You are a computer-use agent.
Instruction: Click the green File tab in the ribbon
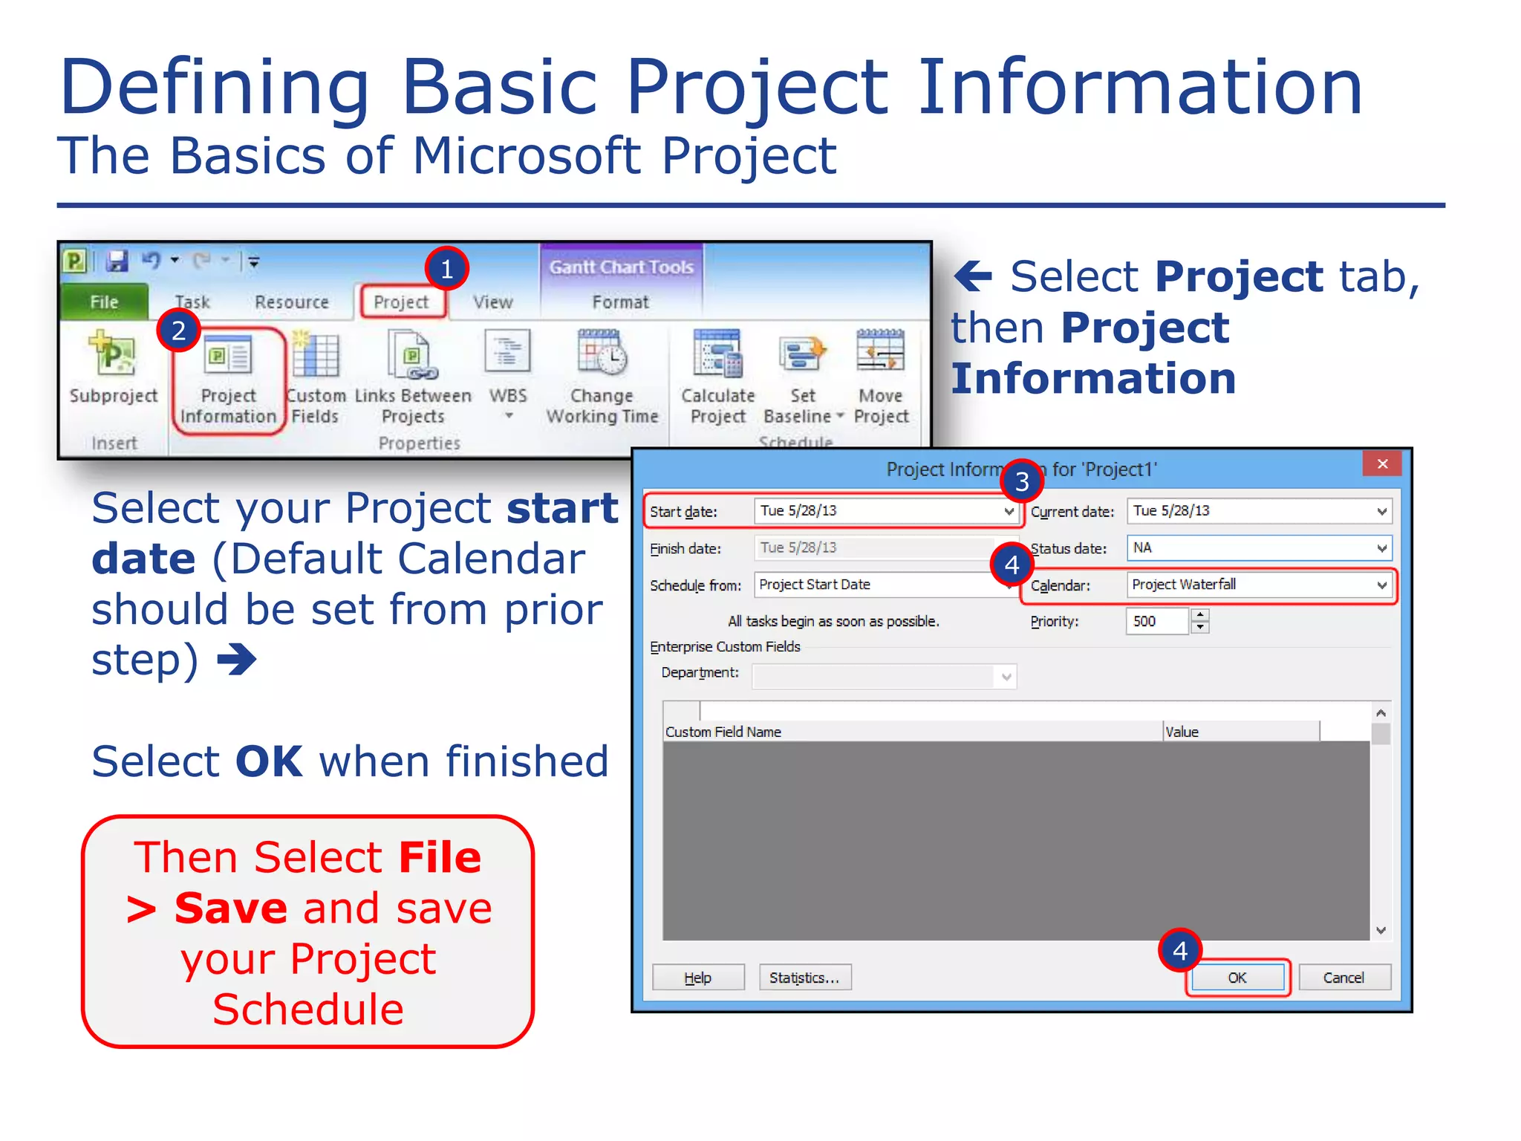[x=104, y=302]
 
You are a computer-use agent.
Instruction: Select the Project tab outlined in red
[x=402, y=302]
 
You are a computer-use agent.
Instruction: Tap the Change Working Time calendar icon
[x=602, y=353]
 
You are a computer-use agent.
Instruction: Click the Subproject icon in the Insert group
[x=113, y=355]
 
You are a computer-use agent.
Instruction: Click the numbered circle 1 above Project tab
[x=446, y=268]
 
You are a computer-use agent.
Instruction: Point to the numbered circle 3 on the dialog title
[x=1021, y=481]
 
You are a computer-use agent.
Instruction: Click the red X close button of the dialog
[x=1381, y=464]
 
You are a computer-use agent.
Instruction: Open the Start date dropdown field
[x=884, y=511]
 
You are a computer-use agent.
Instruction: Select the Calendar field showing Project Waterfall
[x=1258, y=585]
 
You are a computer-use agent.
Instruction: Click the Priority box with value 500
[x=1157, y=621]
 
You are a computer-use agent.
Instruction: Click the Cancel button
[x=1344, y=978]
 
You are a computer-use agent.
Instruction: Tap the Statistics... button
[x=804, y=978]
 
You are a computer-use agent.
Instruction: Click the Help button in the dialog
[x=697, y=978]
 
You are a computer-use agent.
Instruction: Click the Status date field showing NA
[x=1258, y=548]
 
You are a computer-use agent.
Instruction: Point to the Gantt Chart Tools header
[x=621, y=267]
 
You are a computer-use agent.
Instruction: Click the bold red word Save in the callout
[x=230, y=908]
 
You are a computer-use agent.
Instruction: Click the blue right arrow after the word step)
[x=237, y=660]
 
